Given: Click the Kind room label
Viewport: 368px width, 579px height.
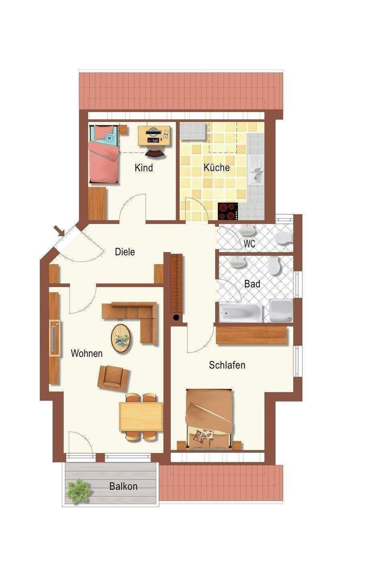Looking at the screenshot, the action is pos(144,168).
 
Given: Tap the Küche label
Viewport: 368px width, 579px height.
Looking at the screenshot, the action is pos(217,167).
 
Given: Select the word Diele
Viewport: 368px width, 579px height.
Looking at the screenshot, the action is pos(125,252).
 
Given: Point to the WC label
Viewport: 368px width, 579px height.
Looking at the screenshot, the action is pos(249,244).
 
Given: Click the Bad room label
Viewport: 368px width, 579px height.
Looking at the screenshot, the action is pos(252,284).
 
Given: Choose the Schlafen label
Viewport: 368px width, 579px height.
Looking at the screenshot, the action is pos(227,365).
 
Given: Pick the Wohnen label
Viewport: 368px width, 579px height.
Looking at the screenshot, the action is pos(87,353).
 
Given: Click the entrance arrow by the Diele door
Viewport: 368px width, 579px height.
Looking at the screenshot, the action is pos(59,230).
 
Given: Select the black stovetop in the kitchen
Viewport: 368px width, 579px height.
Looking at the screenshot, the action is pos(227,211).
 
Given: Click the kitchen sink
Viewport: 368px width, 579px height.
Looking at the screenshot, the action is pos(256,169).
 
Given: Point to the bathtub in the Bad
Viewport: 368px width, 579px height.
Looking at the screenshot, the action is pos(241,313).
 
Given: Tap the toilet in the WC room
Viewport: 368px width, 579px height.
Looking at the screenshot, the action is pos(284,238).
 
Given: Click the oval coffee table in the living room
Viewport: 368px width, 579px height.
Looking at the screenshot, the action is pos(121,338).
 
